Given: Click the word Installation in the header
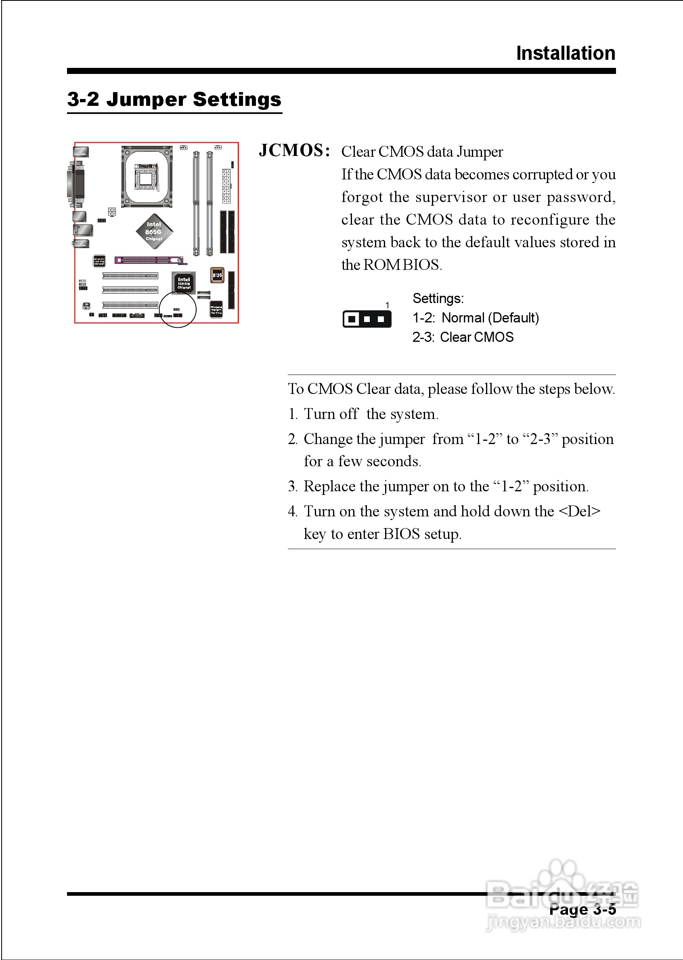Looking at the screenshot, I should tap(565, 53).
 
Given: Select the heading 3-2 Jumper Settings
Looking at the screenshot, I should tap(174, 100).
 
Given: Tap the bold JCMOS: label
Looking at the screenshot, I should tap(294, 151).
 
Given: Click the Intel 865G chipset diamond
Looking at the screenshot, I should tap(154, 232).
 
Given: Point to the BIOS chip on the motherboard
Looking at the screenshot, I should tap(217, 275).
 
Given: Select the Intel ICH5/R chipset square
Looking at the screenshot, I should tap(184, 282).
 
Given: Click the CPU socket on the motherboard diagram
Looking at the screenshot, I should tap(147, 177).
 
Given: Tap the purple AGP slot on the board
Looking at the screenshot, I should tap(149, 260).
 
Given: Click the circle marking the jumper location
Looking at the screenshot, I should tap(178, 309).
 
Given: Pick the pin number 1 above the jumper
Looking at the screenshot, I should tap(388, 305).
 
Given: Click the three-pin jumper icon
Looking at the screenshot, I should tap(367, 319).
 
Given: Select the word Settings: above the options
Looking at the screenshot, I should tap(438, 299).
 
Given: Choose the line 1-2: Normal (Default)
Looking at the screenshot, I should tap(475, 318).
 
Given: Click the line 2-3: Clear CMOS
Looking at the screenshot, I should tap(463, 337).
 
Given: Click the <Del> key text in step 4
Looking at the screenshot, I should tap(579, 512).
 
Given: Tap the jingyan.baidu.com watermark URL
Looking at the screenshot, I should tap(563, 922).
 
